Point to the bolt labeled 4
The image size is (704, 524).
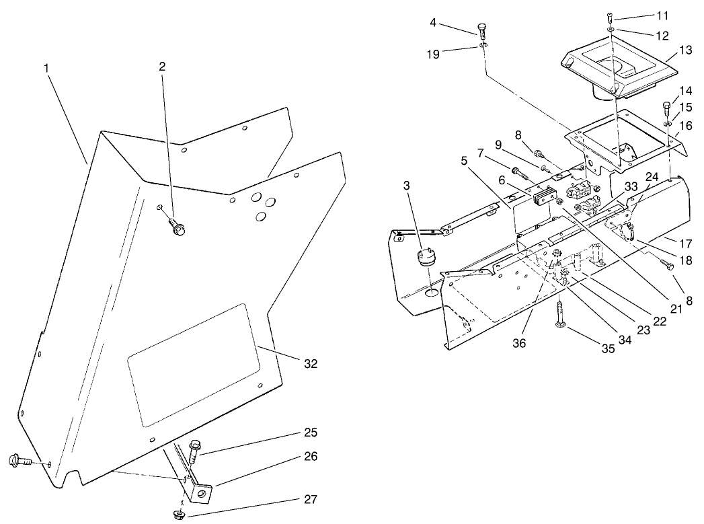482,29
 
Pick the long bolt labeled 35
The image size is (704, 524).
560,317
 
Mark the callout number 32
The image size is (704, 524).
310,364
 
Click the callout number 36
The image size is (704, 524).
518,342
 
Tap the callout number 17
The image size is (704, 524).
686,243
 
